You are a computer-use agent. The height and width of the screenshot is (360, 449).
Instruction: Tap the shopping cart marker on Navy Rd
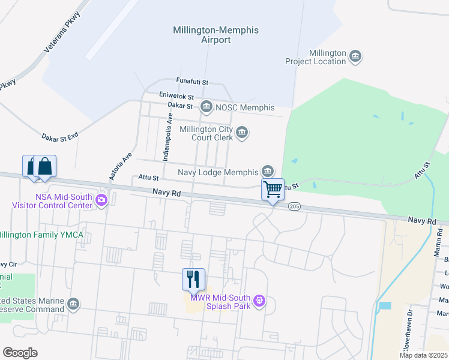pyautogui.click(x=273, y=190)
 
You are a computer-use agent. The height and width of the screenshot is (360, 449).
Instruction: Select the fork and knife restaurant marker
pyautogui.click(x=193, y=280)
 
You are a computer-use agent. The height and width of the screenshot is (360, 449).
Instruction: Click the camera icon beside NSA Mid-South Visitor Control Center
pyautogui.click(x=101, y=200)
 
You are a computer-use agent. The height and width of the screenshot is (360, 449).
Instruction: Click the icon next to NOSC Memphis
pyautogui.click(x=206, y=107)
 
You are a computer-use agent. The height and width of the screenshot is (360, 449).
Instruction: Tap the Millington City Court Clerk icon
pyautogui.click(x=242, y=133)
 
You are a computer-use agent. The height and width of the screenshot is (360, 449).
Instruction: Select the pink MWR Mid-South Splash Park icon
pyautogui.click(x=259, y=300)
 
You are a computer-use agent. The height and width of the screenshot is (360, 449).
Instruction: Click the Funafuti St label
pyautogui.click(x=191, y=81)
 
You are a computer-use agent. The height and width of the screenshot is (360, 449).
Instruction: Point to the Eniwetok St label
pyautogui.click(x=176, y=96)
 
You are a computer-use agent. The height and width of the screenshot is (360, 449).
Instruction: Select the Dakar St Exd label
pyautogui.click(x=60, y=137)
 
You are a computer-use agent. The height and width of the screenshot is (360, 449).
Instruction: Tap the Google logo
pyautogui.click(x=20, y=352)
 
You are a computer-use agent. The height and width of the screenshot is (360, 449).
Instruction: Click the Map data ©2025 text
pyautogui.click(x=423, y=355)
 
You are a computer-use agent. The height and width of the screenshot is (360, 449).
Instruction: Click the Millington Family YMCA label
pyautogui.click(x=41, y=235)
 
